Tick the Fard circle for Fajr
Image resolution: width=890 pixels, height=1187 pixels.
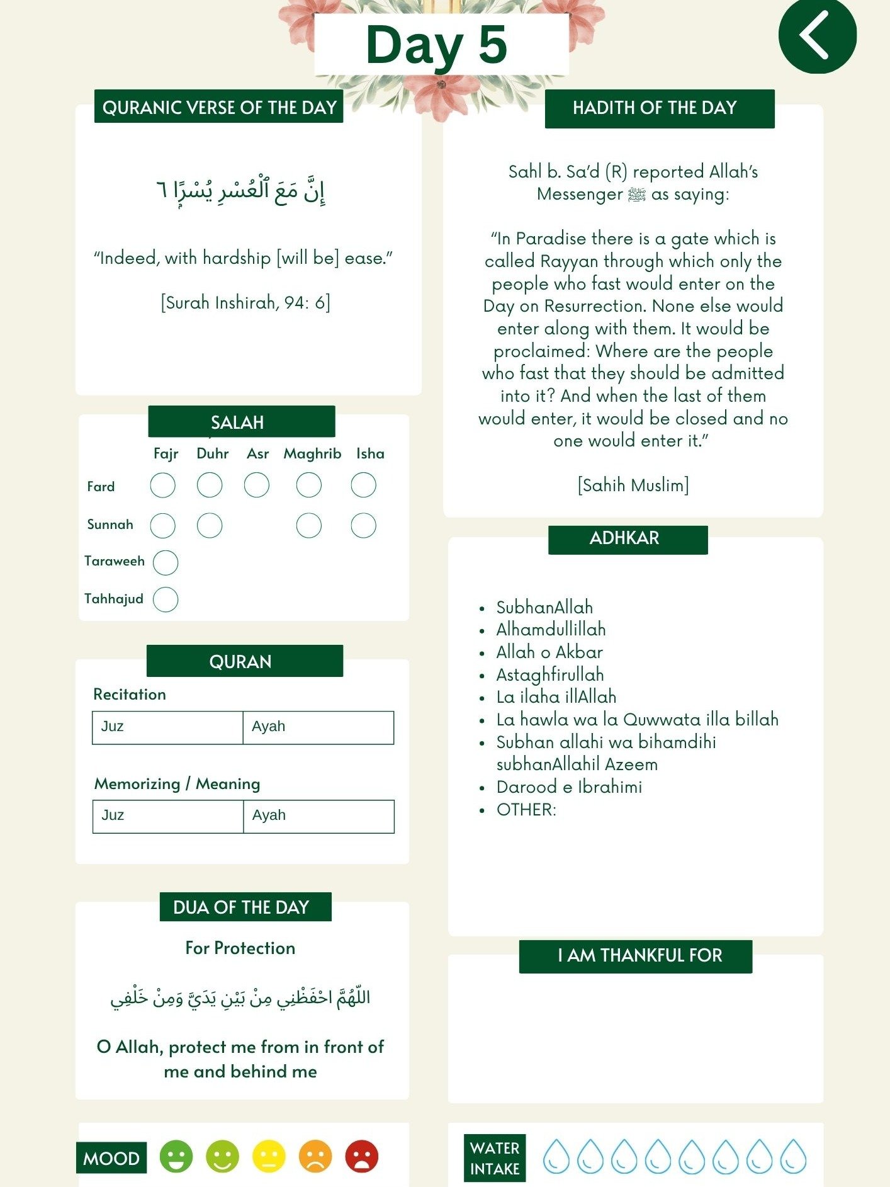click(x=163, y=486)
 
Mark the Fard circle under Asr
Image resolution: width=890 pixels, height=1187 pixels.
click(x=257, y=486)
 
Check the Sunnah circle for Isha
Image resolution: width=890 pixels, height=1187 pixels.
click(x=363, y=525)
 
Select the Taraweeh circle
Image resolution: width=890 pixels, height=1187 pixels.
click(x=166, y=562)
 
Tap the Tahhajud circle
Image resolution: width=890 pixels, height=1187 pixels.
click(x=166, y=599)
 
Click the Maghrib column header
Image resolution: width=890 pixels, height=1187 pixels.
click(x=312, y=453)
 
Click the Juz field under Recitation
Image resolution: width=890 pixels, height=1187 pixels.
click(x=167, y=727)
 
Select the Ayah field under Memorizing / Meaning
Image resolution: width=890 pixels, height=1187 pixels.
click(x=318, y=816)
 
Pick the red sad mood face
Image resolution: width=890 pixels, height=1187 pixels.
click(x=362, y=1157)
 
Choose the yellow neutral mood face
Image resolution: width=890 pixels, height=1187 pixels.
click(x=269, y=1157)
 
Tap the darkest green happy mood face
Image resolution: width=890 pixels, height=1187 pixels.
click(x=176, y=1157)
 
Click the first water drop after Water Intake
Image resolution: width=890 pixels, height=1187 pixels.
click(x=556, y=1157)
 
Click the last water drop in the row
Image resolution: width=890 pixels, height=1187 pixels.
click(x=793, y=1157)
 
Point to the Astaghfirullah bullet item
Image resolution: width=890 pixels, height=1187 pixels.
click(x=549, y=674)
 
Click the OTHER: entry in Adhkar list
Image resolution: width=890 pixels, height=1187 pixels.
click(x=526, y=809)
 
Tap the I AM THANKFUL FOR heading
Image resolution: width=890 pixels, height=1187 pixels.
click(x=635, y=956)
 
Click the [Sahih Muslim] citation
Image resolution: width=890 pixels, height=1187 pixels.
click(x=633, y=485)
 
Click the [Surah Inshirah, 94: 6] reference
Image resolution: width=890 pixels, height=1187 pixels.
click(x=245, y=303)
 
